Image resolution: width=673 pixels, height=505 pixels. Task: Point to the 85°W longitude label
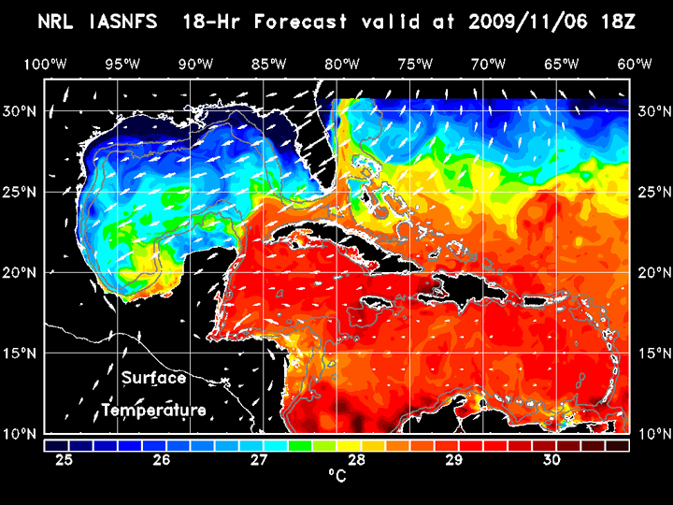click(x=268, y=64)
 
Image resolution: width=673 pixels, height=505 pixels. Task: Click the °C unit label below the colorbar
click(x=336, y=477)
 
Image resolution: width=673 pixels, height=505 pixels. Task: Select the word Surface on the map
click(x=153, y=379)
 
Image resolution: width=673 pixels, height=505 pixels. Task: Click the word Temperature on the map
click(x=154, y=410)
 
